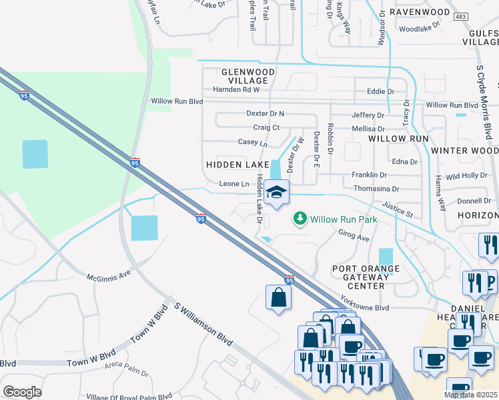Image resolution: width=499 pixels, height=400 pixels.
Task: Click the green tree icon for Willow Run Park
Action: [x=300, y=219]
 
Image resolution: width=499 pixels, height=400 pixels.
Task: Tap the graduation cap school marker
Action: [x=276, y=193]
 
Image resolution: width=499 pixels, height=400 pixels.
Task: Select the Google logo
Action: [x=22, y=392]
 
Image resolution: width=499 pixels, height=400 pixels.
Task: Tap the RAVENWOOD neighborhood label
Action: [x=420, y=12]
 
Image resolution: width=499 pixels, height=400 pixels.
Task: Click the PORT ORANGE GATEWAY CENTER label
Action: [x=366, y=277]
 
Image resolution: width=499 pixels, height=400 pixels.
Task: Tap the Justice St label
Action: [x=398, y=211]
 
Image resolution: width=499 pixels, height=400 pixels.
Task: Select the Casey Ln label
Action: [x=252, y=143]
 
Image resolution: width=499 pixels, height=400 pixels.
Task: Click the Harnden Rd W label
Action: [x=235, y=89]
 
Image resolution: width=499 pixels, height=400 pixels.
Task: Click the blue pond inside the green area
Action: [x=35, y=154]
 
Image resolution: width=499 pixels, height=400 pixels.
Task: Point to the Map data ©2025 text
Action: [x=470, y=395]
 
